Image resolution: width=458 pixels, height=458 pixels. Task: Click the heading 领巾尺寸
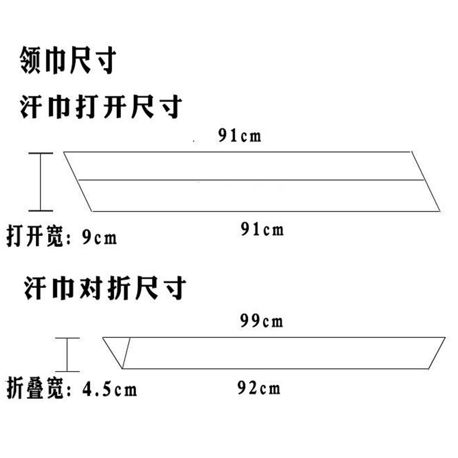coord(67,61)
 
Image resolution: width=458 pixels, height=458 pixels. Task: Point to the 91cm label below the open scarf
coord(262,230)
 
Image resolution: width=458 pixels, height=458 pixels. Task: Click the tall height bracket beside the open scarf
coord(41,181)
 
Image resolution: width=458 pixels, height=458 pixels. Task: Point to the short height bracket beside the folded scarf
coord(68,354)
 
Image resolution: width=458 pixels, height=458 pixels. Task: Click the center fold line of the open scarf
coord(251,180)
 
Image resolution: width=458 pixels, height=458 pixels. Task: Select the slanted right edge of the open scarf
coord(427,181)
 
